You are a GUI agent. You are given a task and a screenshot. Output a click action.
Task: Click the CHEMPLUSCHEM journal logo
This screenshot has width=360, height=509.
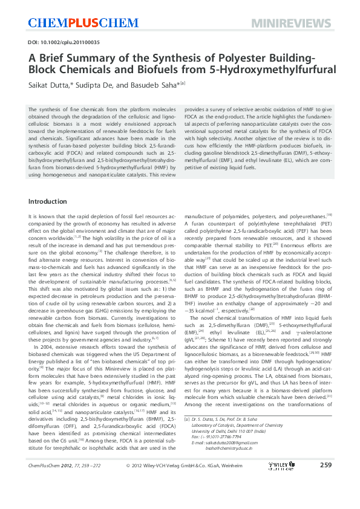tap(76, 22)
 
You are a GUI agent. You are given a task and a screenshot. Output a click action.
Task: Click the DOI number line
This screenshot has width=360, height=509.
tap(64, 43)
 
